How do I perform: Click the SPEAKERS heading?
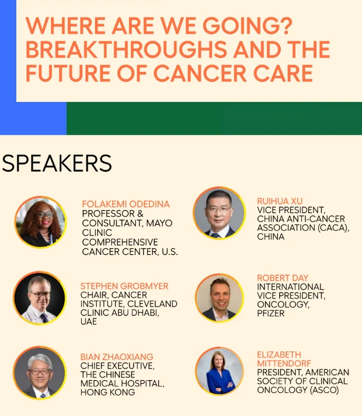point(57,163)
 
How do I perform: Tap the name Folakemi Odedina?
point(126,204)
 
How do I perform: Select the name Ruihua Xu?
point(280,201)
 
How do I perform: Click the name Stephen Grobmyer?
point(125,286)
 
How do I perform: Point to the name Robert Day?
point(283,278)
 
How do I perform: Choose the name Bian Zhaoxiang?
point(117,357)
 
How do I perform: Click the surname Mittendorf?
point(284,363)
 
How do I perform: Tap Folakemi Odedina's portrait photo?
point(40,222)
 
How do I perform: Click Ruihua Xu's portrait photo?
point(219,213)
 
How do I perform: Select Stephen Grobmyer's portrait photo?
point(40,298)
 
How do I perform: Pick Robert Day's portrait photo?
point(219,298)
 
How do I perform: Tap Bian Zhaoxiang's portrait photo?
point(40,373)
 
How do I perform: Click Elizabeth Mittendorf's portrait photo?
point(219,371)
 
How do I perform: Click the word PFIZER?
point(271,314)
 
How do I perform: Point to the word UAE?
point(89,322)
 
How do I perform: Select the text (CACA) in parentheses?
point(334,228)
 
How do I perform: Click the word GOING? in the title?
point(247,26)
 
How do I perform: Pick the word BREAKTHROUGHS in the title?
point(127,49)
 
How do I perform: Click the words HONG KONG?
point(108,392)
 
